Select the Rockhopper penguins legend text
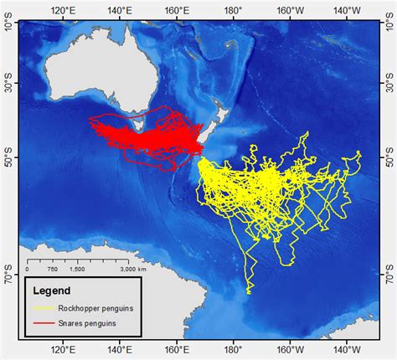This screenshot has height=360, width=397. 96,308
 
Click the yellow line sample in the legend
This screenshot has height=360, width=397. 43,308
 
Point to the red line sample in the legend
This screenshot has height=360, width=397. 43,321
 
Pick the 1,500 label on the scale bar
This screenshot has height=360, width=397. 78,269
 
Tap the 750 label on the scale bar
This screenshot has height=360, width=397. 52,269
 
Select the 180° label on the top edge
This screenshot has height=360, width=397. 233,10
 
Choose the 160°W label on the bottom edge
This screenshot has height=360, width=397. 291,349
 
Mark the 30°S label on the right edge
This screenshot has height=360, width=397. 387,85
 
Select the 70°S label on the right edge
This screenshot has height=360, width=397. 387,273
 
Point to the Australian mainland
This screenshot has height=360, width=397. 92,75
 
